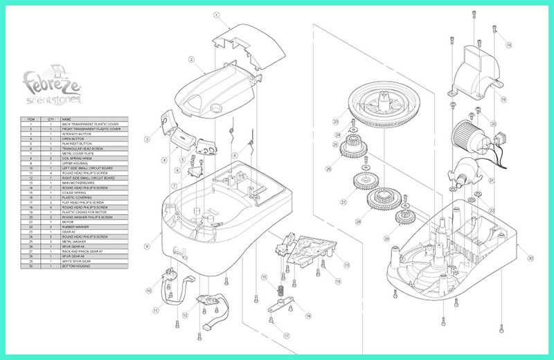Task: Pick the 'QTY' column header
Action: tap(51, 118)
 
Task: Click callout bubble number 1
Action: tap(216, 15)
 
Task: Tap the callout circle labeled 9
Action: tap(146, 246)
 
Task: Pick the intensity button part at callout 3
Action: tap(167, 120)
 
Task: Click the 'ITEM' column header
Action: tap(30, 118)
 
